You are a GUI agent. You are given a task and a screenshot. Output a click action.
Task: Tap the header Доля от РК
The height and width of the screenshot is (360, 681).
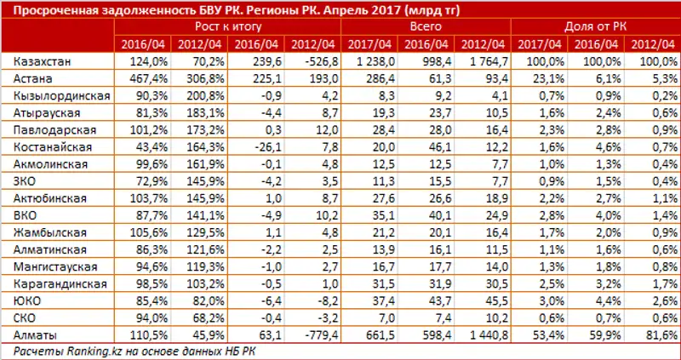[x=594, y=27]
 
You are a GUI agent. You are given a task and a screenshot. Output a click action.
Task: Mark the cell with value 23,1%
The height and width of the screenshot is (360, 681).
[x=544, y=77]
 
